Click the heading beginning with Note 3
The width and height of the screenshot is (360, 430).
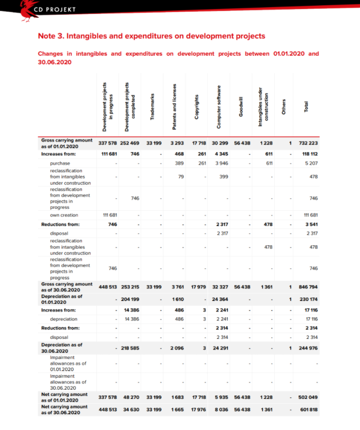pyautogui.click(x=151, y=36)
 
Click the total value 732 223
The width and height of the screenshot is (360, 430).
pyautogui.click(x=308, y=143)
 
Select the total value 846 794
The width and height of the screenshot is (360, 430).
pyautogui.click(x=308, y=287)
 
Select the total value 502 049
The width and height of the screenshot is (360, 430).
pyautogui.click(x=308, y=397)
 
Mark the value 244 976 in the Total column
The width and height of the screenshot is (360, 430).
pyautogui.click(x=308, y=348)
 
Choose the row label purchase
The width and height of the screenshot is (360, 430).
pyautogui.click(x=60, y=163)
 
